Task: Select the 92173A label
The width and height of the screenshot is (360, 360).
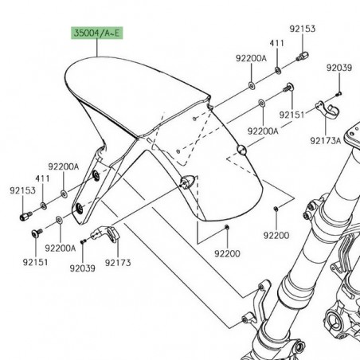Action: pyautogui.click(x=325, y=140)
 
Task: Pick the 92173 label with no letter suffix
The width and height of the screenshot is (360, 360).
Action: pyautogui.click(x=117, y=262)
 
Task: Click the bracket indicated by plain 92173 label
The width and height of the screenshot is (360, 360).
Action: pyautogui.click(x=108, y=235)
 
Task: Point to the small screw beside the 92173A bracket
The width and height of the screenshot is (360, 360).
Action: pyautogui.click(x=337, y=93)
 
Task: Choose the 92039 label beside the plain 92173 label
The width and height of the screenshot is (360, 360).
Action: pyautogui.click(x=81, y=268)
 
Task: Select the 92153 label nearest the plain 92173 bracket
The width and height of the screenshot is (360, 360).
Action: pyautogui.click(x=23, y=191)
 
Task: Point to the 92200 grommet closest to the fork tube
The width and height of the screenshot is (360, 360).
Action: pyautogui.click(x=275, y=209)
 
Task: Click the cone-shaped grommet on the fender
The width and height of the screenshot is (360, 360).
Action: pyautogui.click(x=241, y=148)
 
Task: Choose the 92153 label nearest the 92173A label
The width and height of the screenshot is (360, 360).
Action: pyautogui.click(x=303, y=29)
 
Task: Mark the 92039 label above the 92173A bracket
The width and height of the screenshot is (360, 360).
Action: pyautogui.click(x=338, y=68)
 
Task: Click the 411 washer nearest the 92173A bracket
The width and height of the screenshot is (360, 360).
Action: pyautogui.click(x=278, y=70)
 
